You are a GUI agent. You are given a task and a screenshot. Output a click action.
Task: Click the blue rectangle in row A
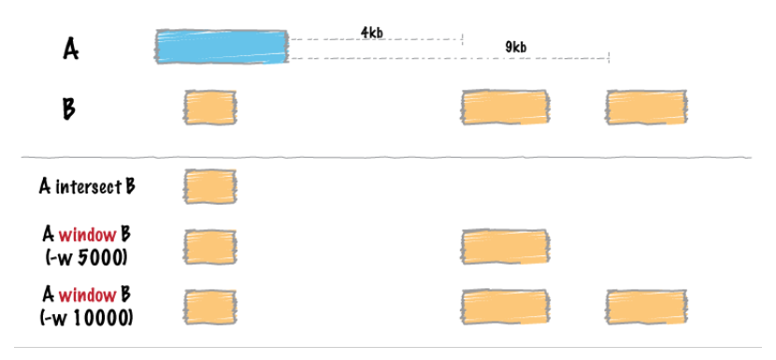pyautogui.click(x=222, y=47)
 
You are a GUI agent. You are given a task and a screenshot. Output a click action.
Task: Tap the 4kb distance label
pyautogui.click(x=372, y=33)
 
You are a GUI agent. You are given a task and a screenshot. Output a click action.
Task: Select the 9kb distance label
pyautogui.click(x=516, y=48)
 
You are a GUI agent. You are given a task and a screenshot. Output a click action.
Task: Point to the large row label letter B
pyautogui.click(x=69, y=109)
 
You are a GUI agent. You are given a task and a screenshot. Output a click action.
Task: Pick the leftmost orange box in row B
pyautogui.click(x=209, y=107)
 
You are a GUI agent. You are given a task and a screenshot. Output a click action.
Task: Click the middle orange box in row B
pyautogui.click(x=505, y=107)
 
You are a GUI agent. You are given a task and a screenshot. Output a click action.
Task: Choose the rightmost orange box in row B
pyautogui.click(x=646, y=107)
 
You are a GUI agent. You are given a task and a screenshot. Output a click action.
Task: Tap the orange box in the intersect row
pyautogui.click(x=209, y=186)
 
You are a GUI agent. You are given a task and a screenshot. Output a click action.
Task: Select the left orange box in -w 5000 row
pyautogui.click(x=209, y=247)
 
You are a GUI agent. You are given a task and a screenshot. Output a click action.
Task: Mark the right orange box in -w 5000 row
pyautogui.click(x=505, y=247)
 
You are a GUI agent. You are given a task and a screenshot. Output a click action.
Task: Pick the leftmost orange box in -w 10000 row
pyautogui.click(x=209, y=307)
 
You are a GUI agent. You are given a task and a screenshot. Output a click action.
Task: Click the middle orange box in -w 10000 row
pyautogui.click(x=505, y=307)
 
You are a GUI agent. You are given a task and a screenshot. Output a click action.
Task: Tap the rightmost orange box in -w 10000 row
pyautogui.click(x=646, y=307)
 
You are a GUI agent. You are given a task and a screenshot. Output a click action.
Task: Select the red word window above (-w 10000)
pyautogui.click(x=87, y=295)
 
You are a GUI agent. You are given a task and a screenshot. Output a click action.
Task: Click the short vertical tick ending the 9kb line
pyautogui.click(x=609, y=57)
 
